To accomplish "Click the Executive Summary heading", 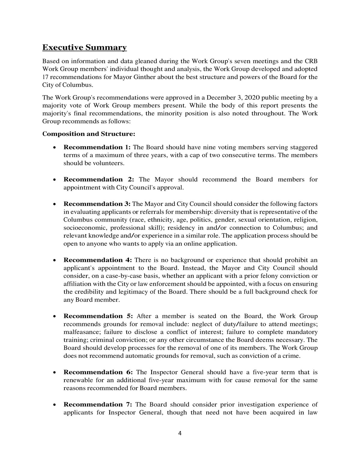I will [84, 48].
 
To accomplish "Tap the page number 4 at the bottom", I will [180, 433].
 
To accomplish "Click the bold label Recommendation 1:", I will [97, 147].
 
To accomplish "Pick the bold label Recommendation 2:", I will [99, 180].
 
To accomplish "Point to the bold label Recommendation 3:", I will [97, 204].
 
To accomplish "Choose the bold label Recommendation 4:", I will [98, 260].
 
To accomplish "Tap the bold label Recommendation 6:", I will [98, 372].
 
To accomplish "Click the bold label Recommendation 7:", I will [98, 404].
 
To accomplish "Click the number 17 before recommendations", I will [46, 77].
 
